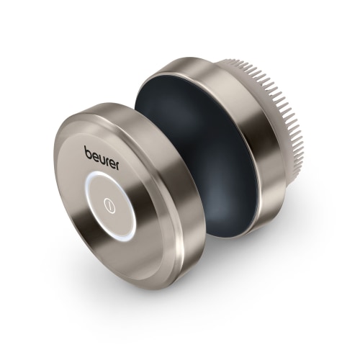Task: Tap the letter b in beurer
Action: coord(88,152)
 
